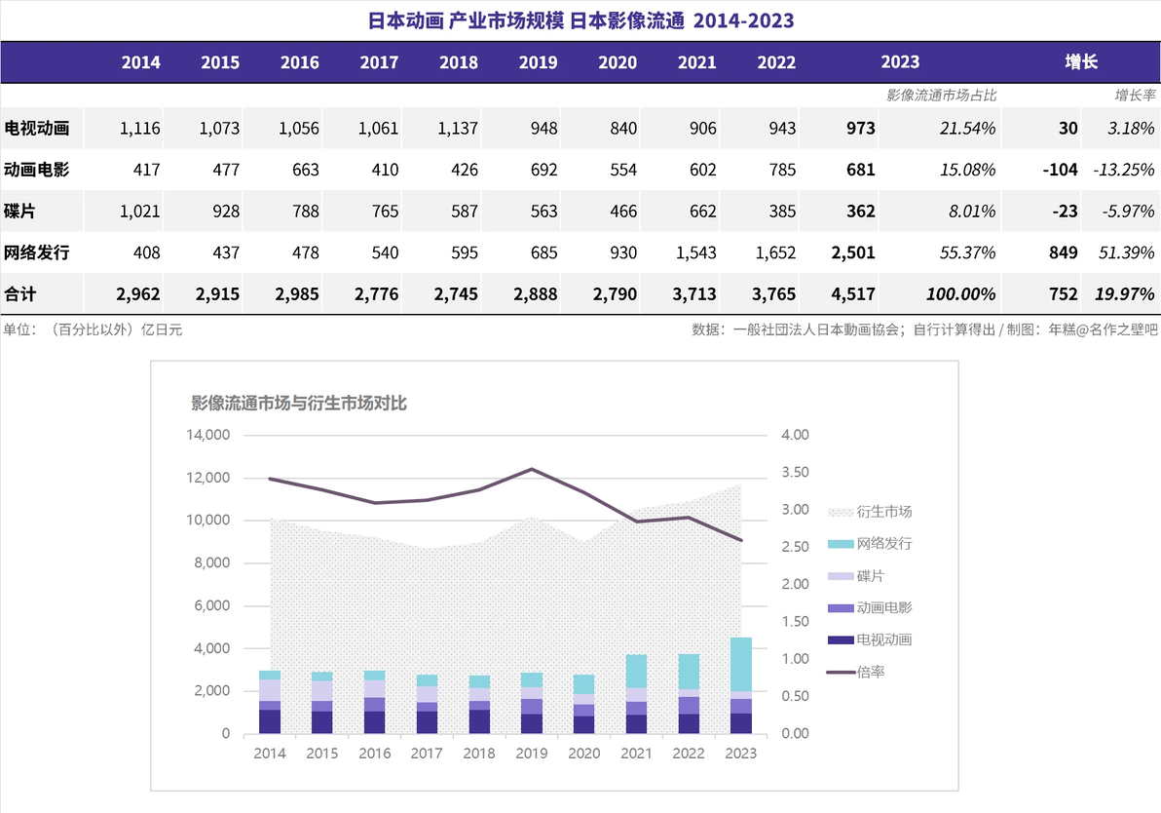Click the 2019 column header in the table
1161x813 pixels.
pos(538,62)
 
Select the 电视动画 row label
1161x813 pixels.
pos(36,129)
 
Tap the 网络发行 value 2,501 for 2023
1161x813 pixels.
pos(853,252)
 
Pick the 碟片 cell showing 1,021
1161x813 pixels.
pos(140,212)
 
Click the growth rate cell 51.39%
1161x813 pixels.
pos(1126,252)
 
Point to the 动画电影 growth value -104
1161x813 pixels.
pos(1060,170)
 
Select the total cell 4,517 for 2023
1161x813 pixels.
pos(853,294)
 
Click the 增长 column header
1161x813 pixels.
pos(1081,62)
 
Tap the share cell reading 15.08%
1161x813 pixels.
pos(968,170)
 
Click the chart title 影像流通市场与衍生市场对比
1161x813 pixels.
pos(299,404)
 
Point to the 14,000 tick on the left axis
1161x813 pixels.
pos(208,435)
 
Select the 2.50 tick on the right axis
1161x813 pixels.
pos(795,547)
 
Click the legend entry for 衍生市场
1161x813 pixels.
pos(870,512)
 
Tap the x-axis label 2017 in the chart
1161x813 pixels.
pos(427,754)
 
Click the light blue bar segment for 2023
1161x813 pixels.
pos(741,665)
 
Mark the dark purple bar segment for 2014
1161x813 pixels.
pos(270,721)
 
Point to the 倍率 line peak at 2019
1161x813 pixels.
pos(532,469)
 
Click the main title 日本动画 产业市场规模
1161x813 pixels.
pos(466,20)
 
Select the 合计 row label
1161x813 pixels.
pos(20,294)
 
